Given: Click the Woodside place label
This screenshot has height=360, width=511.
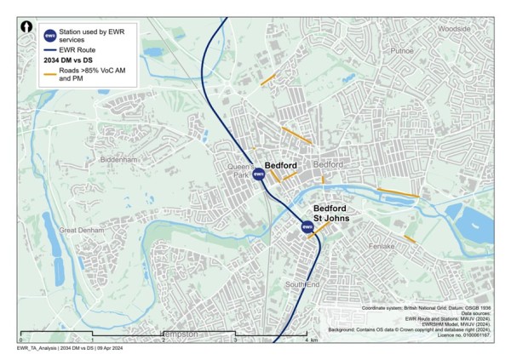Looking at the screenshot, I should (x=453, y=27).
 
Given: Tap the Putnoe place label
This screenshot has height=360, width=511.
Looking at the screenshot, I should (x=401, y=51).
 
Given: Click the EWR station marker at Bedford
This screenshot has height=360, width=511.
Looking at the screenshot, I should (x=259, y=174).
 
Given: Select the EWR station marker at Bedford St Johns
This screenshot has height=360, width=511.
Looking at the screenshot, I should (x=307, y=226).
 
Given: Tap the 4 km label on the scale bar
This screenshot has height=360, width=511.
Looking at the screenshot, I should (x=311, y=340).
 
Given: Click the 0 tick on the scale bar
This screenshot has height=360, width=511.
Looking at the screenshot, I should (x=19, y=340).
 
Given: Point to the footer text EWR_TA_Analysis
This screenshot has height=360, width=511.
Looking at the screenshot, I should (x=43, y=350).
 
